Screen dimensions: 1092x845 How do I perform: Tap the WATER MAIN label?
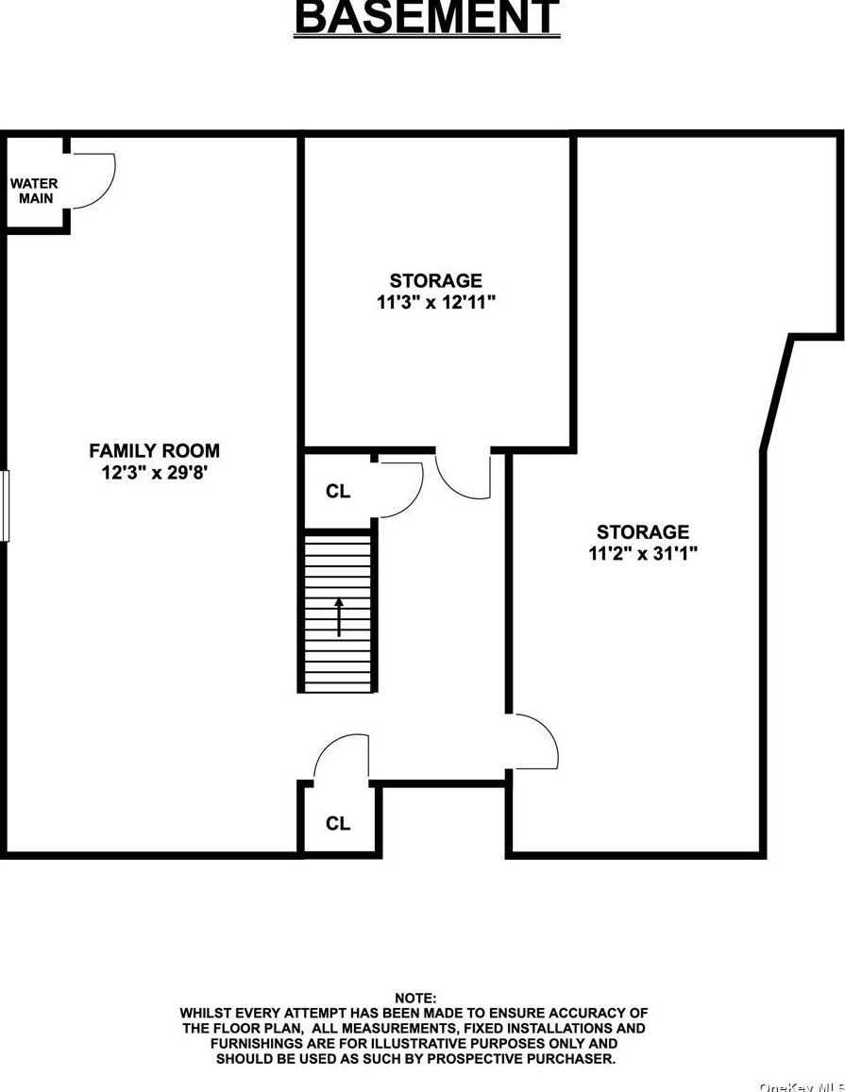pyautogui.click(x=35, y=191)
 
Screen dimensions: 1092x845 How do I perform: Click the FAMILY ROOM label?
pyautogui.click(x=154, y=451)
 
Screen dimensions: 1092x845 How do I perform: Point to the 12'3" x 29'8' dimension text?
pyautogui.click(x=154, y=473)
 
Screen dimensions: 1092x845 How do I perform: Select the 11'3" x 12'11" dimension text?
pyautogui.click(x=435, y=303)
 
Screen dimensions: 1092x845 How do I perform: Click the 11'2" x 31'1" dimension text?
pyautogui.click(x=642, y=554)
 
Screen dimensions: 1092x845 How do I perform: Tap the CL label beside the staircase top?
pyautogui.click(x=337, y=492)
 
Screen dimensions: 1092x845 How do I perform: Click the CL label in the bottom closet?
pyautogui.click(x=337, y=824)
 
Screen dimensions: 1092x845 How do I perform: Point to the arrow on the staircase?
pyautogui.click(x=338, y=616)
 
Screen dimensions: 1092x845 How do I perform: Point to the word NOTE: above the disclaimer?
pyautogui.click(x=416, y=998)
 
